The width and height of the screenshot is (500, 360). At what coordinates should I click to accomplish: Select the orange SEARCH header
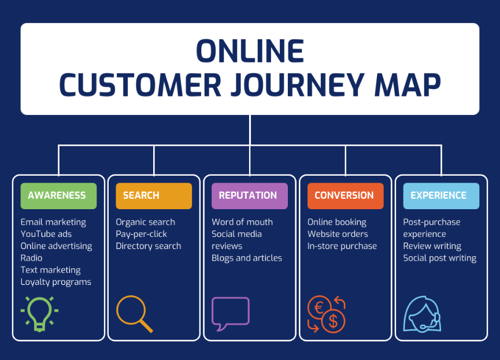(154, 196)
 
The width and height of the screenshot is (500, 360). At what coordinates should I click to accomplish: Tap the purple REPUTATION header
(249, 196)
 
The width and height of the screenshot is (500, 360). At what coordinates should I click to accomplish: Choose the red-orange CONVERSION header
(345, 196)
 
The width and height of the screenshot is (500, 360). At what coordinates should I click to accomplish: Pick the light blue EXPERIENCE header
(440, 196)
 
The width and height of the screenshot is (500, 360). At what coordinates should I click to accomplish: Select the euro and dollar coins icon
(326, 314)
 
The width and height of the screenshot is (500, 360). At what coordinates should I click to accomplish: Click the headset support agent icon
(422, 314)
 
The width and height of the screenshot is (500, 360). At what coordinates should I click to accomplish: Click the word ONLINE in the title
(250, 51)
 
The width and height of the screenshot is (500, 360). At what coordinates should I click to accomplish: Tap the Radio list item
(31, 258)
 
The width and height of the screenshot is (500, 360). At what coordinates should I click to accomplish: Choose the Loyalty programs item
(56, 282)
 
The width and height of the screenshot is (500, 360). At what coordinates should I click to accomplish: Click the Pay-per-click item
(141, 234)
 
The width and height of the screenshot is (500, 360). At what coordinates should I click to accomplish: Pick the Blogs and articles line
(247, 258)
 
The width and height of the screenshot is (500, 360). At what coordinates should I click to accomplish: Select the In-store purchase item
(342, 246)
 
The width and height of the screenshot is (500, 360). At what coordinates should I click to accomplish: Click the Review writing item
(432, 246)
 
